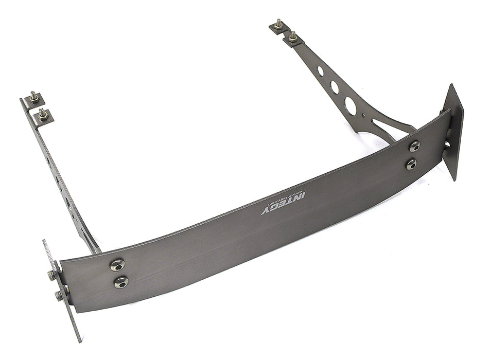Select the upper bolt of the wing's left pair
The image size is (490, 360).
[117, 265]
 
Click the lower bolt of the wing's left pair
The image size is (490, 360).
[121, 282]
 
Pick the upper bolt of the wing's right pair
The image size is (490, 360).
[414, 146]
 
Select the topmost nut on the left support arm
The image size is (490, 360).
[33, 97]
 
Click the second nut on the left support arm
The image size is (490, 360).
[42, 114]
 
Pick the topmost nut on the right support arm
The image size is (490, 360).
[278, 24]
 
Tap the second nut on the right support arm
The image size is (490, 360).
[292, 37]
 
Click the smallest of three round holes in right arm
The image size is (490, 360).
[320, 70]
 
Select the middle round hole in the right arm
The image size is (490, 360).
[335, 87]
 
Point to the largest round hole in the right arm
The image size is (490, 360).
[351, 105]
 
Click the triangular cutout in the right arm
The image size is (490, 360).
[383, 125]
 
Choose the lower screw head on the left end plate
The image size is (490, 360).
[59, 295]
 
